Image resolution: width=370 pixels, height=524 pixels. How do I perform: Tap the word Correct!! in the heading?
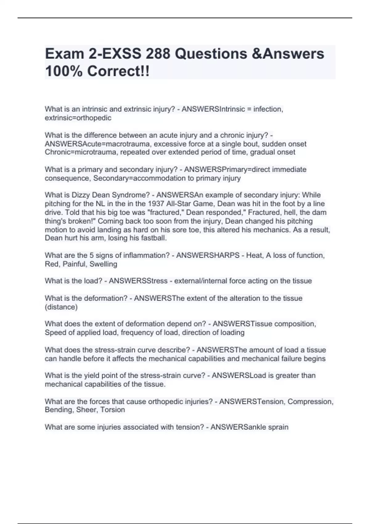tap(118, 71)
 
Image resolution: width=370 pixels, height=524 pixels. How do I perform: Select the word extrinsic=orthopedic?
tap(78, 118)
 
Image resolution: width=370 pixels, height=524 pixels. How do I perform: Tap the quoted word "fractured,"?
tap(167, 212)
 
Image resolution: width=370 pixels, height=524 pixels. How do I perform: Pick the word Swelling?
tap(103, 264)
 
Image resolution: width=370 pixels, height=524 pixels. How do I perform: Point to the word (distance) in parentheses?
tap(61, 307)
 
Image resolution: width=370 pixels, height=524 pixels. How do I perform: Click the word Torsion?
tap(113, 410)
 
